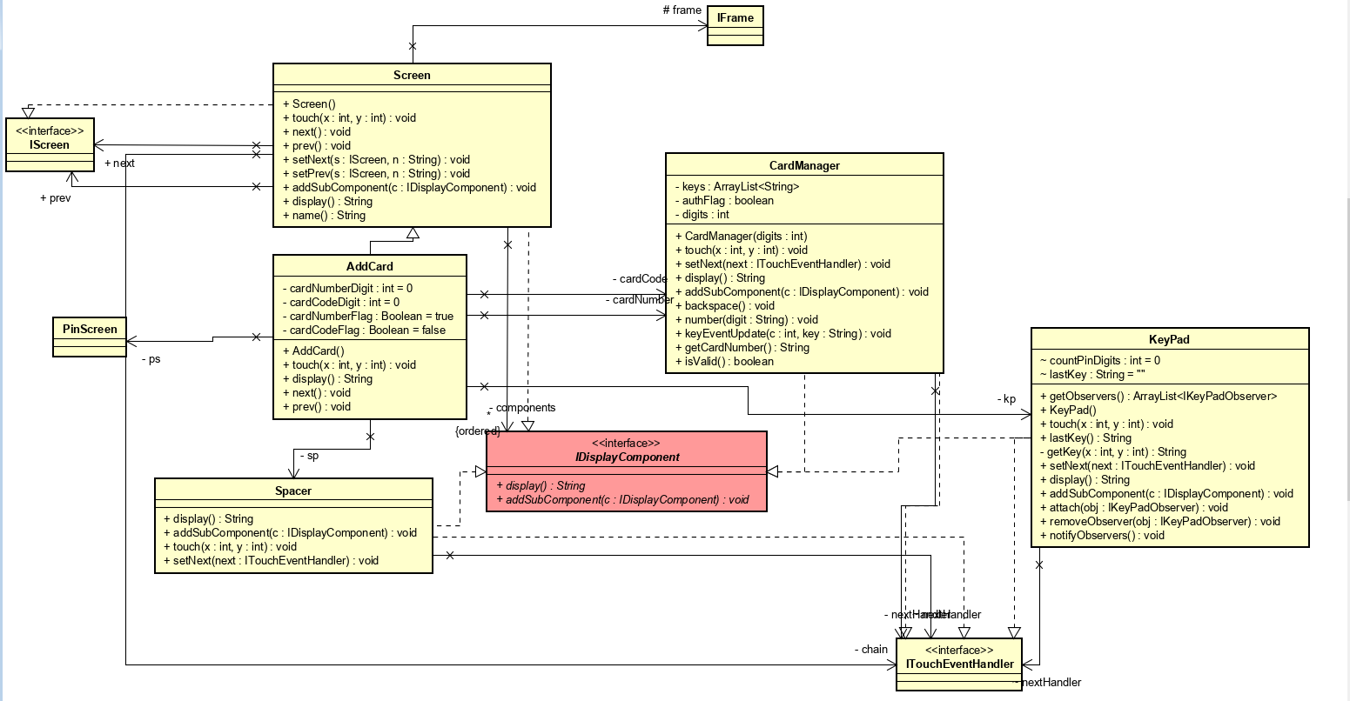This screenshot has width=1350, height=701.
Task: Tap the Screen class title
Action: [412, 76]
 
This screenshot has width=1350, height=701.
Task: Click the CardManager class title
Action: [804, 166]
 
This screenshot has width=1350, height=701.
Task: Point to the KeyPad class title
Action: [1169, 340]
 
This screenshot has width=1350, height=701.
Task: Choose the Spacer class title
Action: [293, 491]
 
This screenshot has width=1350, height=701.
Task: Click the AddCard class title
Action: [370, 267]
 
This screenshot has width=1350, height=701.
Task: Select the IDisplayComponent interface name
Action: [627, 457]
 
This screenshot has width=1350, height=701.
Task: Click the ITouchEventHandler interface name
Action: [959, 664]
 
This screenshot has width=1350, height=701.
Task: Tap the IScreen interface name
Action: [50, 145]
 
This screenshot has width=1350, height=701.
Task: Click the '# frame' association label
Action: [682, 10]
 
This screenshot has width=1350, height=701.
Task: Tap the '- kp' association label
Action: [1006, 399]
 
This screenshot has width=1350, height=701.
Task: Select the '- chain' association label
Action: [870, 650]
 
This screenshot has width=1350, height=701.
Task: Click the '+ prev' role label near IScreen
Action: [56, 198]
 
